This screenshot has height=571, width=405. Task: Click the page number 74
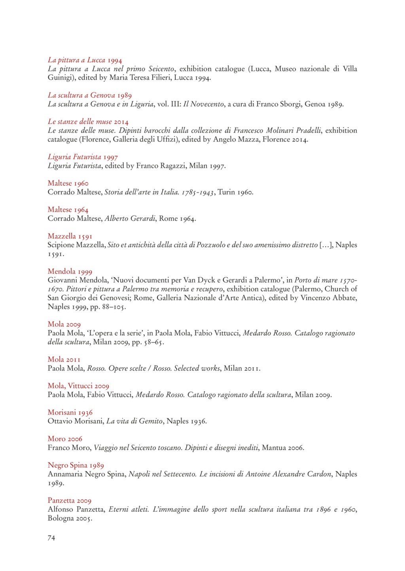pos(51,537)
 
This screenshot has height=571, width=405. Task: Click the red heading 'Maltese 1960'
pos(68,183)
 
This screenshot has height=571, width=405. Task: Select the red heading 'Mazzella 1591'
pos(70,236)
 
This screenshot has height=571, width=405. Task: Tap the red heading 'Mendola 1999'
pos(70,271)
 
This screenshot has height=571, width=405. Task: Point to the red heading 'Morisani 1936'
pos(70,413)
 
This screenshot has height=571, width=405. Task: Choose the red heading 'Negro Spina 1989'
pos(76,465)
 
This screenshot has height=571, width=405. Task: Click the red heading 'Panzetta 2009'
pos(70,501)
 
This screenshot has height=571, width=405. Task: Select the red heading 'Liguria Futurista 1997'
pos(83,157)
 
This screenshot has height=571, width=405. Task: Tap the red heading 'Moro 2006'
pos(65,439)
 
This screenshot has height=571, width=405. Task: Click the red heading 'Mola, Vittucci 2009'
pos(78,386)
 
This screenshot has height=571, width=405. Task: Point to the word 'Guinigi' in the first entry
pos(60,78)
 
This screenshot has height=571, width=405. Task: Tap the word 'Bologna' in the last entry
pos(61,518)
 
